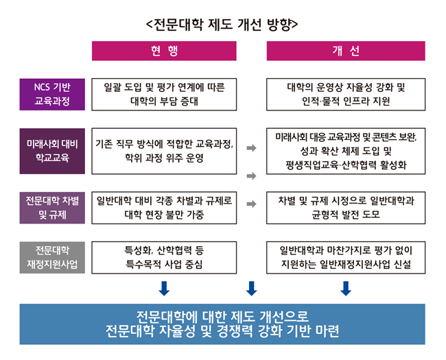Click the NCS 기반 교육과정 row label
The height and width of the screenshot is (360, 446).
(x=52, y=95)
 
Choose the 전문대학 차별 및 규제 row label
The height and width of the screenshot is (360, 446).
(x=52, y=208)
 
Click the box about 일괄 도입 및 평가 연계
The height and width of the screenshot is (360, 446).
(x=164, y=95)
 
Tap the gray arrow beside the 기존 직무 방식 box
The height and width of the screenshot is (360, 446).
(x=251, y=147)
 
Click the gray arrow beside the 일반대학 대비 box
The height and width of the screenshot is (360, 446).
(x=251, y=204)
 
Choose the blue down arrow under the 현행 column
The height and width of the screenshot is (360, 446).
(x=164, y=288)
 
